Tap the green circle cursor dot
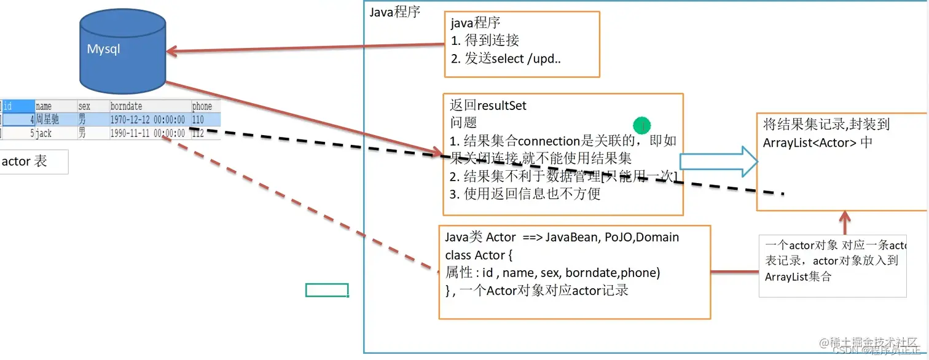[x=641, y=125]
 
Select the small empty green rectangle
[x=327, y=290]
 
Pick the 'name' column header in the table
[x=44, y=106]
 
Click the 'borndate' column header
[x=126, y=106]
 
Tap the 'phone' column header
[x=202, y=106]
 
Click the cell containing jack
[x=44, y=133]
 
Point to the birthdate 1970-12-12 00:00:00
[x=147, y=120]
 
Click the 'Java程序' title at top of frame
[x=394, y=12]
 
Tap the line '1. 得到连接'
[x=485, y=41]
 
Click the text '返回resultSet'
[x=488, y=106]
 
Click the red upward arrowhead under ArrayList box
[x=845, y=216]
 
